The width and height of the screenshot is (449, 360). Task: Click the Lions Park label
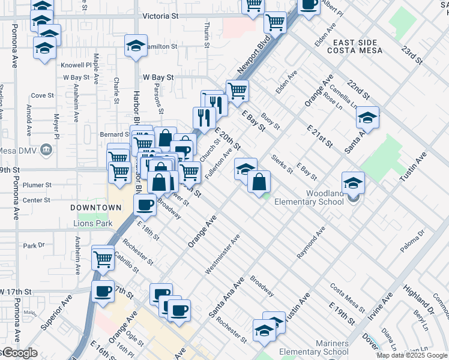pos(92,224)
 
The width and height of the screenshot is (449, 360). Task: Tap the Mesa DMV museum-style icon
pos(46,151)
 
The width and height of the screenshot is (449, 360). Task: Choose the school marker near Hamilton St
pos(136,46)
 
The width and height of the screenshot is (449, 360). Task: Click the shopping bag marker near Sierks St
pos(259,181)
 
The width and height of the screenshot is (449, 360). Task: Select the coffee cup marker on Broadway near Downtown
pos(145,206)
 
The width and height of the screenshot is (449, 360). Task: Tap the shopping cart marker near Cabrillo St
pos(103,259)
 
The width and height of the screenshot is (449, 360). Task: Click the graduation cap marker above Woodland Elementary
pos(354,182)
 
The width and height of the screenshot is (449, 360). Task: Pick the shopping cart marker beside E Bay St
pos(238,91)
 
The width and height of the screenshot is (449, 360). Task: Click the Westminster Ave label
pos(223,255)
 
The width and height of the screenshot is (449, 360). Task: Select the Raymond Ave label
pos(311,243)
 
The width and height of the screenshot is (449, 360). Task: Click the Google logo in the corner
pos(19,352)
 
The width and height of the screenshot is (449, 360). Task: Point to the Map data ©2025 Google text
pos(412,355)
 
